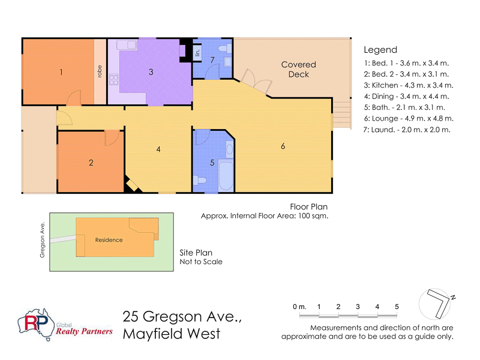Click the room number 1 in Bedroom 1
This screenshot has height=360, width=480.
(x=61, y=72)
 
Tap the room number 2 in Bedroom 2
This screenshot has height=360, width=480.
(x=91, y=162)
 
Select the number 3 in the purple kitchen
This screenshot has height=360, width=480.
(x=151, y=72)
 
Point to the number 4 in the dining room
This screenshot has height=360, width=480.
(x=158, y=149)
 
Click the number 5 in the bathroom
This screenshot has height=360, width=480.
(x=212, y=162)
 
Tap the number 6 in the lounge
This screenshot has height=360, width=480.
(x=283, y=147)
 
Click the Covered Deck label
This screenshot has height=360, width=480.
(x=298, y=69)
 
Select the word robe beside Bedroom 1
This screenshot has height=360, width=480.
(x=100, y=71)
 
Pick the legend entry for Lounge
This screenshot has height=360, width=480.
(x=408, y=118)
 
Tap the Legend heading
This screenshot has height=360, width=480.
(x=380, y=50)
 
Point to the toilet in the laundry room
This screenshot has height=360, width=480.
(x=224, y=49)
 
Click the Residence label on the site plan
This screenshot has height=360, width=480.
(x=109, y=240)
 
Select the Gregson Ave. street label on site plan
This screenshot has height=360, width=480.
(x=43, y=237)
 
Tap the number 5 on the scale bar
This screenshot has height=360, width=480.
(x=397, y=307)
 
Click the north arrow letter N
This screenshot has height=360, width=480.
(x=454, y=297)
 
